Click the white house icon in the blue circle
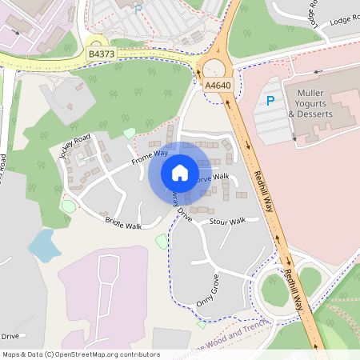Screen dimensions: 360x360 pyautogui.click(x=180, y=172)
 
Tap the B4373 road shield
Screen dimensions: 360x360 pyautogui.click(x=101, y=54)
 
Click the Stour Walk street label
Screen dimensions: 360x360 pyautogui.click(x=226, y=220)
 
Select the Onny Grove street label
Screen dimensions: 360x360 pyautogui.click(x=207, y=291)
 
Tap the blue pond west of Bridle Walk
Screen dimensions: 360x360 pyautogui.click(x=43, y=245)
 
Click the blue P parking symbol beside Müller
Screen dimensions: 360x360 pyautogui.click(x=270, y=102)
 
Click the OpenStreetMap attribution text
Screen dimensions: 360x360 pyautogui.click(x=80, y=354)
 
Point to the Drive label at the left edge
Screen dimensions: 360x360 pyautogui.click(x=10, y=337)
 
